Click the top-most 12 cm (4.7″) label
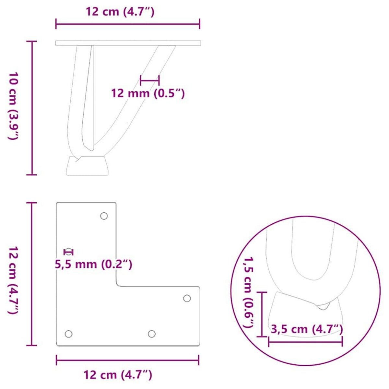tap(120, 12)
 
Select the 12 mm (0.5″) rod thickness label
tap(148, 94)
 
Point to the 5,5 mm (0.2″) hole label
tap(93, 265)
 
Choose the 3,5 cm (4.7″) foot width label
tap(307, 329)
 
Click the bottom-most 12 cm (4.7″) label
tap(118, 375)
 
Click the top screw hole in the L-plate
tap(104, 216)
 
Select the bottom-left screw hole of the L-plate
tap(68, 334)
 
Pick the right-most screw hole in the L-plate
tap(187, 298)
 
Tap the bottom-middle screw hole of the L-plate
tap(151, 334)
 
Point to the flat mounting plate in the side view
tap(128, 43)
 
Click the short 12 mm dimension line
tap(149, 80)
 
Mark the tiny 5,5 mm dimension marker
tap(68, 252)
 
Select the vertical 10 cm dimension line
tap(32, 108)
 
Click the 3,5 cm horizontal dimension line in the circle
tap(305, 341)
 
